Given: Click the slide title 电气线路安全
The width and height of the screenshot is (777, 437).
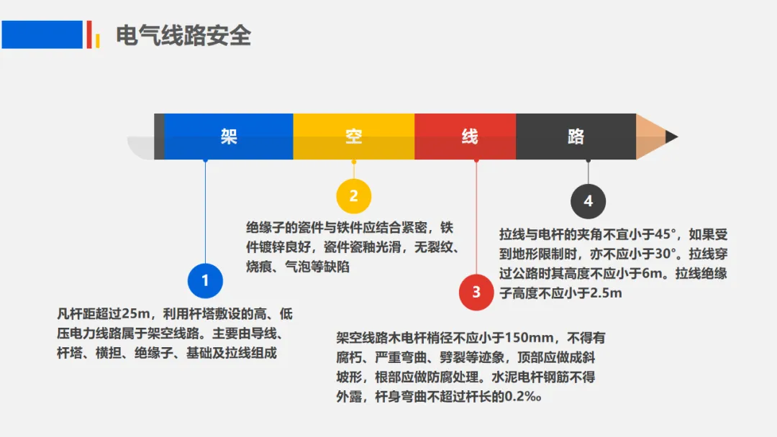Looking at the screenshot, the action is (x=183, y=36).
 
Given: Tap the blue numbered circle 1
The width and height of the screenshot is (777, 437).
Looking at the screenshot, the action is (x=205, y=280).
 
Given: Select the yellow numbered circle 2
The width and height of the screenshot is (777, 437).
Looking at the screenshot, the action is (x=354, y=196).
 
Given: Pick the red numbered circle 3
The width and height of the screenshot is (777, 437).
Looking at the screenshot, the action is (x=476, y=293).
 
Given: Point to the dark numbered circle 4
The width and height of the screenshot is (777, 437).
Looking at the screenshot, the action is (x=589, y=201).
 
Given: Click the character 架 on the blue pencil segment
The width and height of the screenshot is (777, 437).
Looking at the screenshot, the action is (x=229, y=136).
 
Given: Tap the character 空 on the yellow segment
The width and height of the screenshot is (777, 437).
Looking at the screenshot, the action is (x=354, y=136).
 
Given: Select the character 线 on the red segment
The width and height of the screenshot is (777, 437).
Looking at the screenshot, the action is (x=470, y=136).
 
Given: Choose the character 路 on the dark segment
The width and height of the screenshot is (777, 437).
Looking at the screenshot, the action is (x=576, y=136).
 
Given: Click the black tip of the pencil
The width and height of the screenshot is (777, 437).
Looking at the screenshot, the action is (x=671, y=137).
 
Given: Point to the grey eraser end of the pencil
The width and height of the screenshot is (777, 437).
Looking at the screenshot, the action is (x=141, y=148).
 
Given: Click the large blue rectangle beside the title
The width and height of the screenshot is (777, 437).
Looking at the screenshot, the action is (x=42, y=34).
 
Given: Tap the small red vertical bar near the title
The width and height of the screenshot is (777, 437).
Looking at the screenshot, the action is (x=89, y=34).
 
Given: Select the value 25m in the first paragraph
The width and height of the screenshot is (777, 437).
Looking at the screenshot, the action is (x=136, y=314).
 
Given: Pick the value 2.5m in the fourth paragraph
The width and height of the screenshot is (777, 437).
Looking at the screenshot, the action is (x=605, y=293).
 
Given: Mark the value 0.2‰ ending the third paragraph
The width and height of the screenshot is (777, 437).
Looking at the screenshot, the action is (x=523, y=397).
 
